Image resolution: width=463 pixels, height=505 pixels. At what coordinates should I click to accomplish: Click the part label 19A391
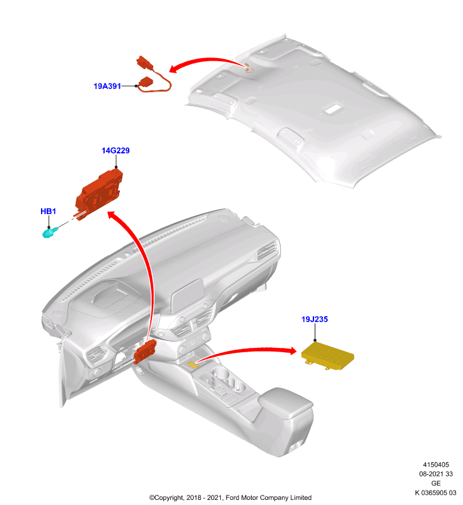coord(107,86)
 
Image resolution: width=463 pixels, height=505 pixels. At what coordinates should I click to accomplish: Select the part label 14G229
coord(115,150)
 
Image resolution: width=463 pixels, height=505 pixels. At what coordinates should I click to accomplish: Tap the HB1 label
coord(49,211)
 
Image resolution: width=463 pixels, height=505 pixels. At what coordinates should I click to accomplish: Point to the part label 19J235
coord(315,319)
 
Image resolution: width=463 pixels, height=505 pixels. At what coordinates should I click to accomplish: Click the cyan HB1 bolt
coord(49,232)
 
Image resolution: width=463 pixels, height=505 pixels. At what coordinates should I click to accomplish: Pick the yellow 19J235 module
coord(327,356)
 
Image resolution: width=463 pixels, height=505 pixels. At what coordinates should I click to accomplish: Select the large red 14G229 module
coord(99,195)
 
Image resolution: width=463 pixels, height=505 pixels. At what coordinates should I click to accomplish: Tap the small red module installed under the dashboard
coord(145,351)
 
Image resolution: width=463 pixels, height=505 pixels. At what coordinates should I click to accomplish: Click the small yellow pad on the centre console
coord(193,364)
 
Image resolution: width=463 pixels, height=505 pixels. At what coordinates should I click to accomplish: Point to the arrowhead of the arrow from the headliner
coord(174,68)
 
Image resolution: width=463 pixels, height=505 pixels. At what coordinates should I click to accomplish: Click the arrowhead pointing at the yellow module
coord(291,351)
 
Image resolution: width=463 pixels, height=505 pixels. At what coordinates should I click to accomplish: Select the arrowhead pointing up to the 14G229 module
coord(113,215)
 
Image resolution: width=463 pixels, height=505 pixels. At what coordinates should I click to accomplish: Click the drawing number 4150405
coord(436,465)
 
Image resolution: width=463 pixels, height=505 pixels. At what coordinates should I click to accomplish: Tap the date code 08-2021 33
coord(436,474)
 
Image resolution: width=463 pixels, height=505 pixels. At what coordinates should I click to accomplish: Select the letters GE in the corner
coord(436,483)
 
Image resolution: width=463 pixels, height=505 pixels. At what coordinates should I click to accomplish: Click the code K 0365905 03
coord(436,492)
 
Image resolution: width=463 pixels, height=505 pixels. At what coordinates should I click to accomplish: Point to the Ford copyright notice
coord(230,497)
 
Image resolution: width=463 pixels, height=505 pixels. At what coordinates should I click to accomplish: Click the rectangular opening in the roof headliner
coord(333,109)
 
